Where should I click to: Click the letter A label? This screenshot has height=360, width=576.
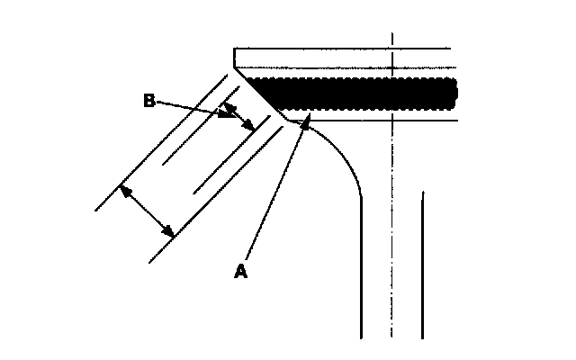(x=240, y=271)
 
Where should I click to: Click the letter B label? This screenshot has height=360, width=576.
(x=150, y=101)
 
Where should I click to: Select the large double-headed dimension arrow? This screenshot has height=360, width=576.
(x=148, y=211)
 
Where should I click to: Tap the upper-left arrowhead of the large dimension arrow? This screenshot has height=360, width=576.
(x=125, y=190)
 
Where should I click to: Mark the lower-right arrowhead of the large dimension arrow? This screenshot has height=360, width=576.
(x=170, y=232)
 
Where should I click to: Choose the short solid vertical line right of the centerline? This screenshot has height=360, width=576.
(x=422, y=261)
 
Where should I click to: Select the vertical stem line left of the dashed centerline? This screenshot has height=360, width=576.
(x=361, y=270)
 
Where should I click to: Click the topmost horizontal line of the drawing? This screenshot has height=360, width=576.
(x=342, y=48)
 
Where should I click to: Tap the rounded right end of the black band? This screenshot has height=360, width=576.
(x=453, y=92)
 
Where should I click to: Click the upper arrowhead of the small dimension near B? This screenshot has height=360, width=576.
(x=227, y=106)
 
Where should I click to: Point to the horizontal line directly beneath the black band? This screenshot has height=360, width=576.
(x=378, y=120)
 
